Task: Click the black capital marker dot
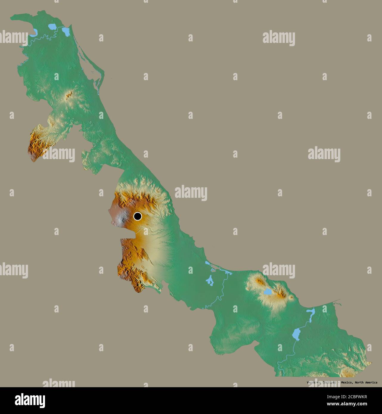[x=137, y=216]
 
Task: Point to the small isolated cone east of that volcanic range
[x=291, y=297]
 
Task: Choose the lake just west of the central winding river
[x=210, y=280]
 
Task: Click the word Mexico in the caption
[x=346, y=382]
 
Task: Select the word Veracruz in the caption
[x=314, y=382]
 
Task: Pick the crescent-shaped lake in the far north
[x=34, y=32]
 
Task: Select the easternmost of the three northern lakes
[x=66, y=31]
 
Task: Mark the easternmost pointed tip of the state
[x=371, y=363]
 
